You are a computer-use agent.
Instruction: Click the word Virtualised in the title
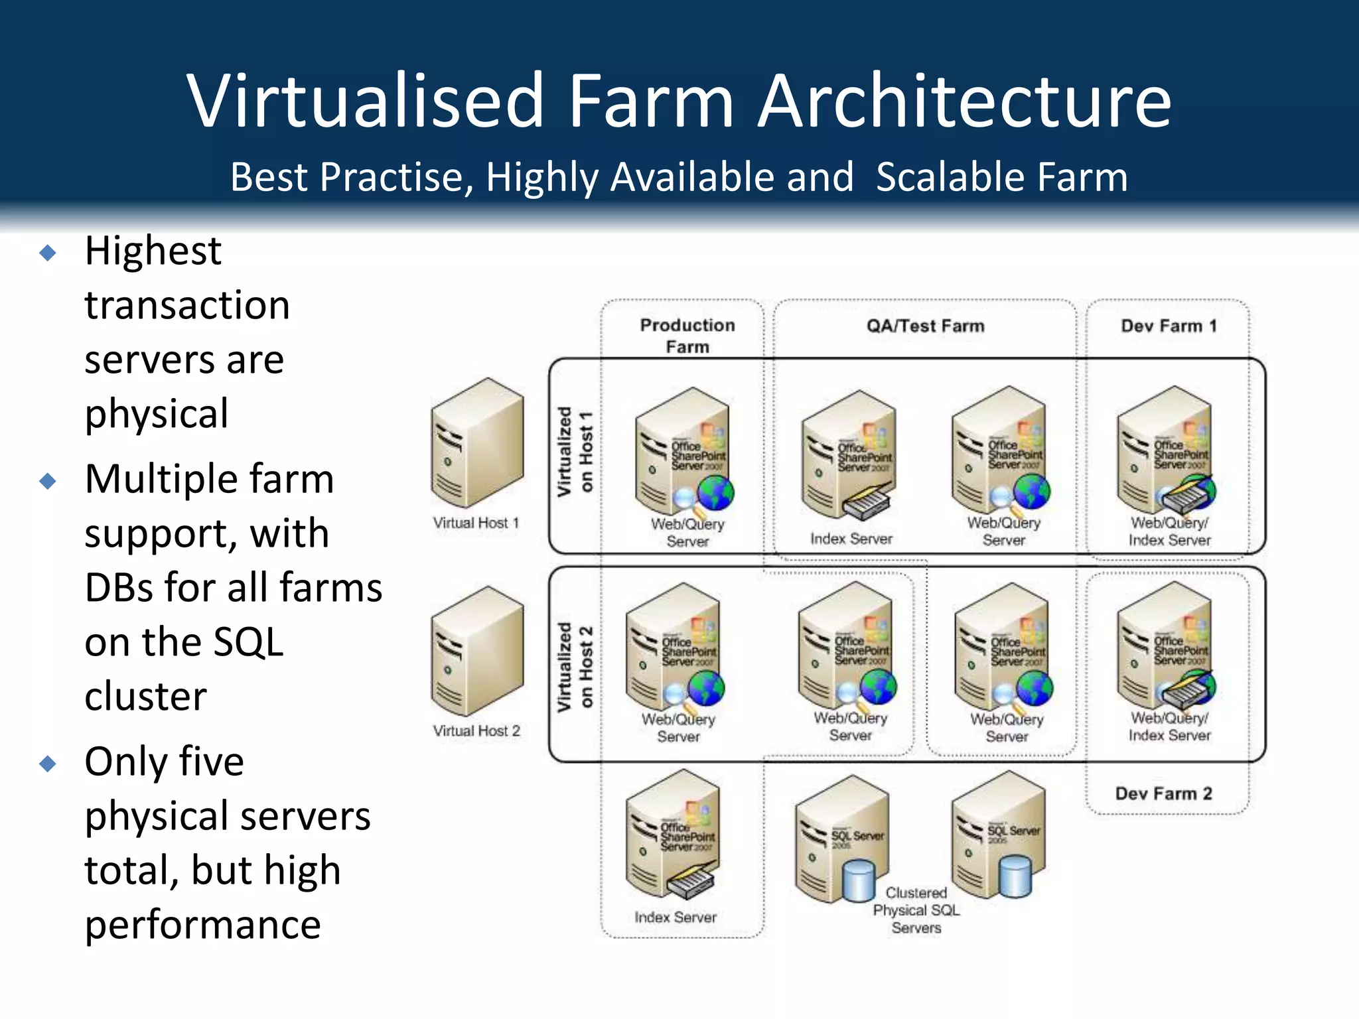coord(366,101)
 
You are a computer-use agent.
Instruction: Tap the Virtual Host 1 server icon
coord(477,442)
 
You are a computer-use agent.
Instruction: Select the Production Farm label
coord(687,336)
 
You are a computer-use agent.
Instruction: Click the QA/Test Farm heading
coord(925,326)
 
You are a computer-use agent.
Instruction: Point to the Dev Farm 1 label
coord(1169,326)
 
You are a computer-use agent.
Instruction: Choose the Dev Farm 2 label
coord(1163,793)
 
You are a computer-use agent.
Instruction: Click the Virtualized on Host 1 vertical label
coord(575,452)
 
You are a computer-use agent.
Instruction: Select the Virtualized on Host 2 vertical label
coord(575,666)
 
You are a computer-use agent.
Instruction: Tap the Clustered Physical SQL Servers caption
coord(916,910)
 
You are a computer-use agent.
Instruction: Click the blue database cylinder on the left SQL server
coord(859,880)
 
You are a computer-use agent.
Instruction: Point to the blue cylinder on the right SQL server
coord(1015,876)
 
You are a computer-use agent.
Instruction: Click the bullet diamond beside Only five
coord(48,764)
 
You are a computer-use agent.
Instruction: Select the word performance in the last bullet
coord(202,925)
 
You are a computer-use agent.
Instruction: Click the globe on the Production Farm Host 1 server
coord(715,493)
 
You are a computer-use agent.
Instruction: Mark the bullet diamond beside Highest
coord(48,252)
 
